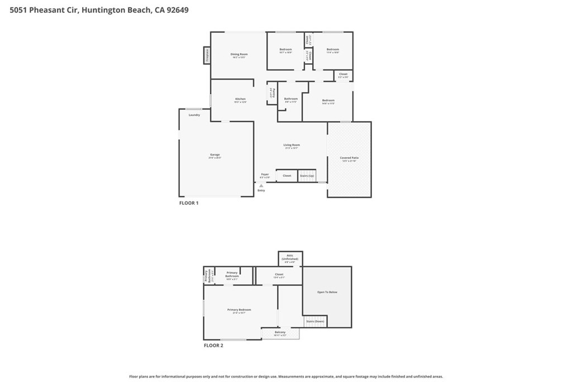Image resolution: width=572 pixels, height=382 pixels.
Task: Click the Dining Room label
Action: tap(239, 54)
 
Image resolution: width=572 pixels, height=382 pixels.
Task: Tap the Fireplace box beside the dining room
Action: tap(207, 55)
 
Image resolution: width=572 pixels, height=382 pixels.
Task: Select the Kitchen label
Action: tap(240, 99)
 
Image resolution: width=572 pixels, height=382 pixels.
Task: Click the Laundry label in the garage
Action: tap(194, 115)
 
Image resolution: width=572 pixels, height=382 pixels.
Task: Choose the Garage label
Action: tap(215, 154)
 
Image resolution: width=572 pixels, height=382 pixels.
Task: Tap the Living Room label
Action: tap(292, 145)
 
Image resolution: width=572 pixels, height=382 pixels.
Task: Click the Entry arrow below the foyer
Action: tap(261, 186)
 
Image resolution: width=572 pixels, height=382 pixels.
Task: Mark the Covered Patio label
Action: tap(350, 158)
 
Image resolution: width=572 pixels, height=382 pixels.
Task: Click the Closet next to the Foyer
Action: tap(287, 176)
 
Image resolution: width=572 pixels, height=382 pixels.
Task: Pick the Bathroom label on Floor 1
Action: tap(290, 99)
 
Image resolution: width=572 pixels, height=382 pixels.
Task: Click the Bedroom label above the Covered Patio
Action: tap(328, 101)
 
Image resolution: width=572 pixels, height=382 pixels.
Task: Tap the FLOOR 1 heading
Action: tap(189, 203)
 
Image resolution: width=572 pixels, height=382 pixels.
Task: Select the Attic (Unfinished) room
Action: tap(290, 258)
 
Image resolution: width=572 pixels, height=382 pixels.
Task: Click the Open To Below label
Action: tap(327, 292)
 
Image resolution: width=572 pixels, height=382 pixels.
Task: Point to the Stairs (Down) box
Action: tap(315, 322)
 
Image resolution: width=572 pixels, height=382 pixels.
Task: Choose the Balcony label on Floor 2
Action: tap(280, 333)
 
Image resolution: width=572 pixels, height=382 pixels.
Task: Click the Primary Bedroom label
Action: tap(239, 310)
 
